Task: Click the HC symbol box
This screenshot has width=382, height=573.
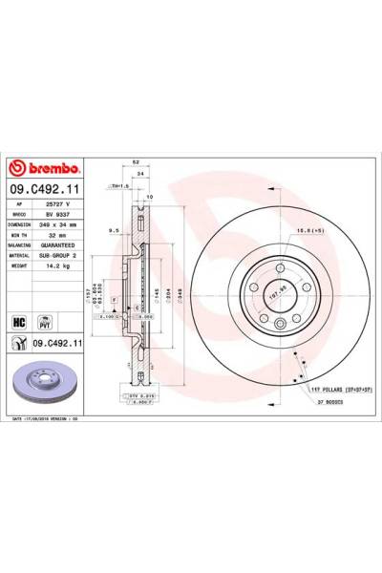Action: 18,323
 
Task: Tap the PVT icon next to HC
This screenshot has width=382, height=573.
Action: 43,323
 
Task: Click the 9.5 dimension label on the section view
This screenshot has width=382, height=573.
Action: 113,230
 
